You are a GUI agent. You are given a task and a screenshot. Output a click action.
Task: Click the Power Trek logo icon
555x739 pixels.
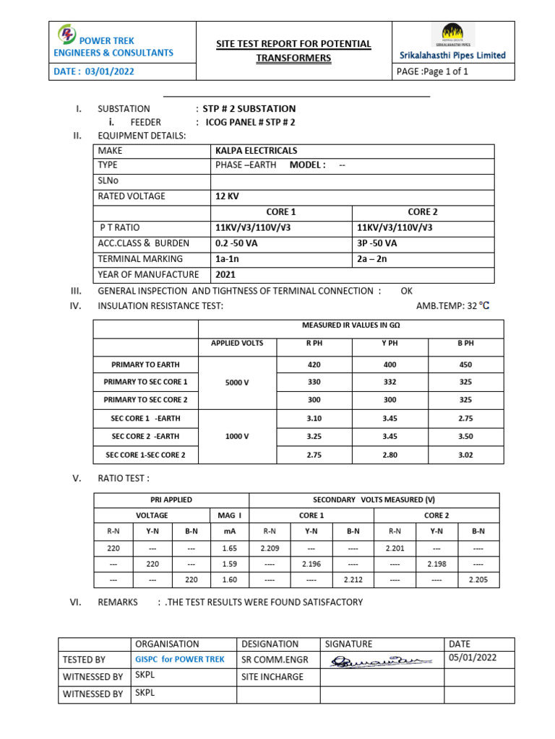pos(66,34)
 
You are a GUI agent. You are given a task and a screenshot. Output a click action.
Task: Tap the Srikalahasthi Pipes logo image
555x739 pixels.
pos(453,35)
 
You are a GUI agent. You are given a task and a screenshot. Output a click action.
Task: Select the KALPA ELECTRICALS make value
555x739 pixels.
pos(256,151)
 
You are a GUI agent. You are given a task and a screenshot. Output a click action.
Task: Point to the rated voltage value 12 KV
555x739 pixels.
pos(227,196)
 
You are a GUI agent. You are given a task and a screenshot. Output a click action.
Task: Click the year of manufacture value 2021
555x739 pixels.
pos(225,274)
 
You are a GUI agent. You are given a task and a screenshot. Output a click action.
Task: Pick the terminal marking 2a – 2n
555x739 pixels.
pos(372,258)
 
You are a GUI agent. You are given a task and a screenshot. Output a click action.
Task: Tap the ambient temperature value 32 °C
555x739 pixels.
pos(473,306)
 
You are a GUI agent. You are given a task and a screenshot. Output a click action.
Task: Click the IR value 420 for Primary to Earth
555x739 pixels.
pos(314,364)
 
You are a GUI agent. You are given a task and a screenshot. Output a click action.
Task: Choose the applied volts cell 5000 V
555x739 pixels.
pos(236,382)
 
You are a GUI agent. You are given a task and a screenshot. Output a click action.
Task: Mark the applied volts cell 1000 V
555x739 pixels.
pos(236,437)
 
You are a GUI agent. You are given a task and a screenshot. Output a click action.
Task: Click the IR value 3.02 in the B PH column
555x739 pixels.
pos(465,455)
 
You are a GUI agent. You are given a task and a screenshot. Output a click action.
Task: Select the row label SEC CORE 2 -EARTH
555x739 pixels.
pos(145,437)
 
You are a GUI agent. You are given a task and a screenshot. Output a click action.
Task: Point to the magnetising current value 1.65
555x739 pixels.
pos(229,548)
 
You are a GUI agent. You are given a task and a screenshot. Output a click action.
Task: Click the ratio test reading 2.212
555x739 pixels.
pos(353,580)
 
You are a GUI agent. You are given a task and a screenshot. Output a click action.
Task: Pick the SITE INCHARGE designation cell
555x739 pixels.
pos(272,677)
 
